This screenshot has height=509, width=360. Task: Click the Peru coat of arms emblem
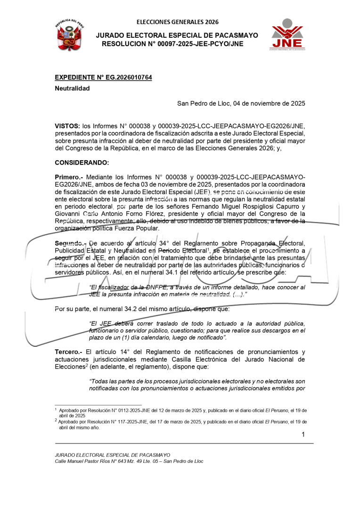pos(69,35)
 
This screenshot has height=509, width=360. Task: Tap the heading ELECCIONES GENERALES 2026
pos(178,22)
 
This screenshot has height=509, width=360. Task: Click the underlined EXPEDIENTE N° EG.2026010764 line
pos(103,77)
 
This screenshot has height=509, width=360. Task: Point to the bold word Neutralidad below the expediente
pos(72,88)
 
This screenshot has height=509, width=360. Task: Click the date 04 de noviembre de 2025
pos(266,104)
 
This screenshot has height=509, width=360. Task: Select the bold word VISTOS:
pos(67,126)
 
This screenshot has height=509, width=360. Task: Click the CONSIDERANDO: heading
pos(82,163)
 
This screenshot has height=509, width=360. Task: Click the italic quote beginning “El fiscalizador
pos(197,291)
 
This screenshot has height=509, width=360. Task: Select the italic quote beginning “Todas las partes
pos(197,385)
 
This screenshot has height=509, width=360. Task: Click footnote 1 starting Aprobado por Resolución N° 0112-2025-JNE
pos(181,413)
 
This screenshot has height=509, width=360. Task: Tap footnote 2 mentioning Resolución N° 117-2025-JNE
pos(181,425)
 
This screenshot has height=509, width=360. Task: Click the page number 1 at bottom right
pos(303,435)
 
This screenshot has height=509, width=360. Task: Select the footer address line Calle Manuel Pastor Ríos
pos(129,461)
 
